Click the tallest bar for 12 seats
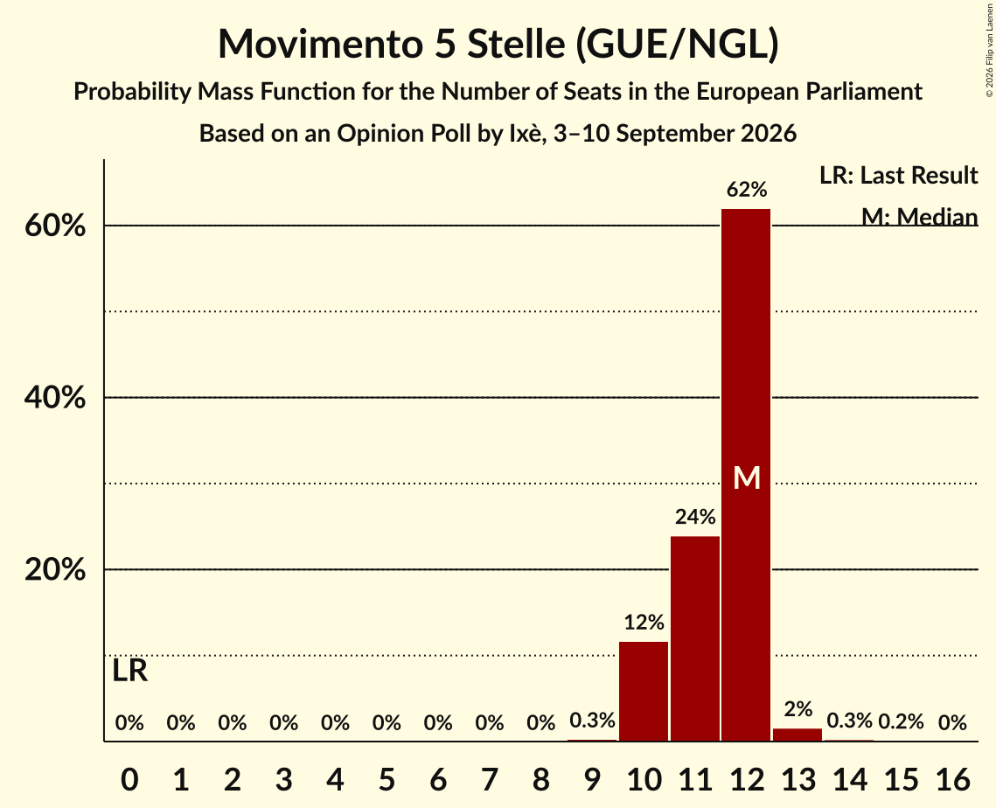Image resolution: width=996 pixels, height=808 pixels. [746, 475]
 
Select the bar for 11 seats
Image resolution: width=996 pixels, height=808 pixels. [695, 638]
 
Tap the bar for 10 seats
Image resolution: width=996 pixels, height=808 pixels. [644, 691]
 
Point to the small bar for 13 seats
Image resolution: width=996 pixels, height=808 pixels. [797, 735]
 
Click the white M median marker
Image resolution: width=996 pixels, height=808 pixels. [747, 477]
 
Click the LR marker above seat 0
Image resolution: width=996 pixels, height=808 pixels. [129, 671]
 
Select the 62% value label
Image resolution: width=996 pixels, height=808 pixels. [747, 189]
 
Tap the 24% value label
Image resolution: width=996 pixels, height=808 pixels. [695, 517]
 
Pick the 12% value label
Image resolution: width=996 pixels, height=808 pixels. [644, 622]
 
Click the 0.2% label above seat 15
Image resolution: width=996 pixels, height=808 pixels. [901, 721]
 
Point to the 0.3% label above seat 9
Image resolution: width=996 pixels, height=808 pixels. [592, 721]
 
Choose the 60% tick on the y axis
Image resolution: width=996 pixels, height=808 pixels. [55, 226]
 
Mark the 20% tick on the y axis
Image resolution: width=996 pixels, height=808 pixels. [55, 570]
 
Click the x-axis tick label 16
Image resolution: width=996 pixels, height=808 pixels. [952, 779]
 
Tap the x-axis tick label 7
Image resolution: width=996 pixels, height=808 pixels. [489, 779]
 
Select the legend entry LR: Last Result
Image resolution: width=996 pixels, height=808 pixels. [898, 175]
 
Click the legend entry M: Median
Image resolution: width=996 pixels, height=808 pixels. [919, 217]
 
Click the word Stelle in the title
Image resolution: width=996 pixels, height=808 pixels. [516, 44]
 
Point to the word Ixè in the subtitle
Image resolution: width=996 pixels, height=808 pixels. [525, 134]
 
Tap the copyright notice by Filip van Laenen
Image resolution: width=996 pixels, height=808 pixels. [989, 50]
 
